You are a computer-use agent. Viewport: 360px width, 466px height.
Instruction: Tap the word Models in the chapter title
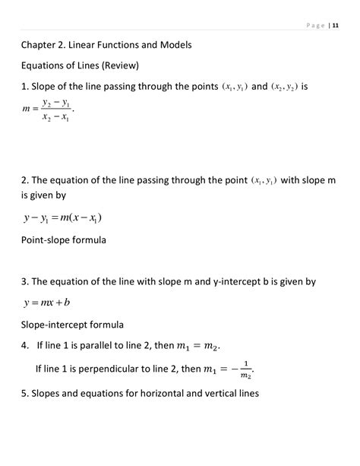[x=173, y=45]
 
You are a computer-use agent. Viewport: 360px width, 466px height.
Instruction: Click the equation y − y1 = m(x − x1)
[x=62, y=218]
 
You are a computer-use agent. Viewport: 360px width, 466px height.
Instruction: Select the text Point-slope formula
[x=63, y=240]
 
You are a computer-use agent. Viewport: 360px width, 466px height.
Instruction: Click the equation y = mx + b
[x=47, y=303]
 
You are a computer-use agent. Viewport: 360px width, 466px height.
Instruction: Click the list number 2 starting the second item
[x=25, y=180]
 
